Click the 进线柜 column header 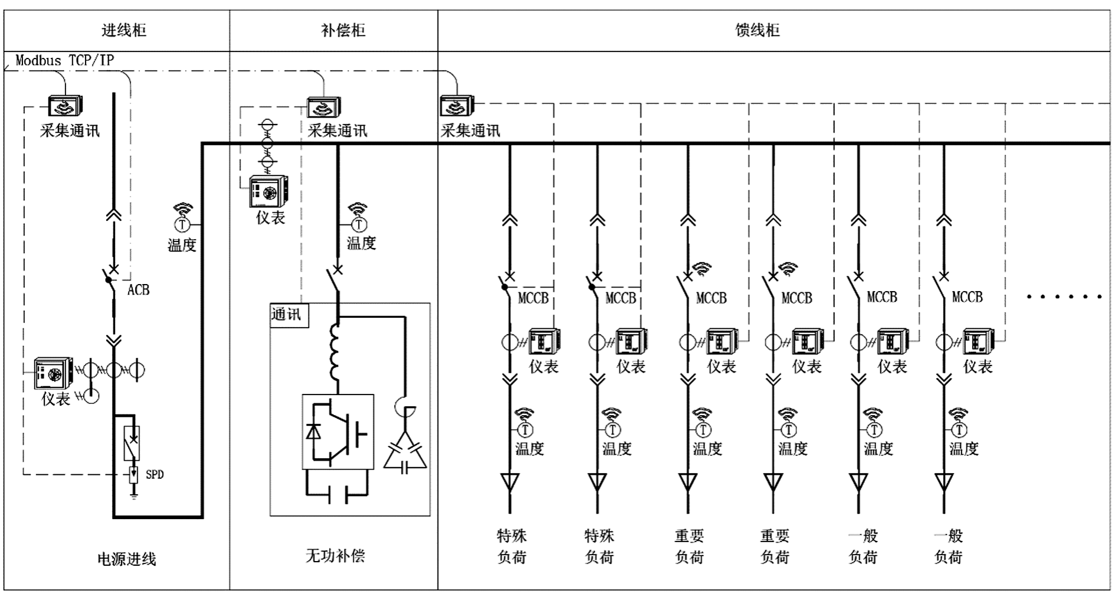123,30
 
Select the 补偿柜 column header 343,30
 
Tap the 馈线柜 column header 757,30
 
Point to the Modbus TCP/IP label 65,60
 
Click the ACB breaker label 139,290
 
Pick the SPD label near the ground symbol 155,474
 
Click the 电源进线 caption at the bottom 127,559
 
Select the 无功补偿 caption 335,556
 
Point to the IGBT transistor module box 338,432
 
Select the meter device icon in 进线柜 53,374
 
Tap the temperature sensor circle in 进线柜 182,224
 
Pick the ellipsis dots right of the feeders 1064,296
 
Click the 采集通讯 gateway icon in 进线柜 65,106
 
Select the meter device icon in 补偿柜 268,191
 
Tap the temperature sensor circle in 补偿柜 358,224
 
